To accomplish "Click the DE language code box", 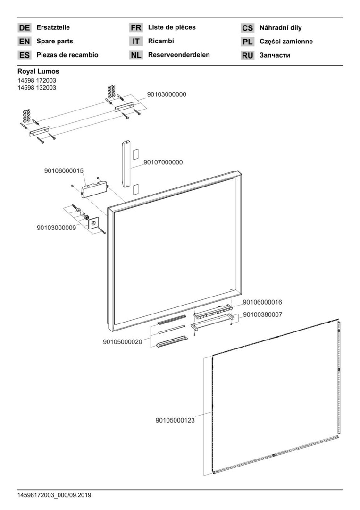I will coord(25,28).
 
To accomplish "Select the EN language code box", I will coord(25,42).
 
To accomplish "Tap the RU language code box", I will coord(248,55).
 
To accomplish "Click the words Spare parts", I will coord(55,42).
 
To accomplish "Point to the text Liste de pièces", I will coord(172,27).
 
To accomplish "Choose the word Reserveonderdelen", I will coord(179,55).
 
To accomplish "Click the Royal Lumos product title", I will coord(38,72).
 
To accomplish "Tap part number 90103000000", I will coord(167,94).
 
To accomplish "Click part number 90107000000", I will coord(163,162).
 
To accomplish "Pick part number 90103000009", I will coord(56,228).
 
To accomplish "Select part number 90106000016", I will coord(262,302).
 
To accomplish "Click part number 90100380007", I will coord(262,314).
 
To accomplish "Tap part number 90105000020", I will coord(122,342).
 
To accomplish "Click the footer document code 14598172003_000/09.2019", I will coord(54,495).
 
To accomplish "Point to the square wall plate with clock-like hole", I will coord(93,222).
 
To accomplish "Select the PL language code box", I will coord(248,42).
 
